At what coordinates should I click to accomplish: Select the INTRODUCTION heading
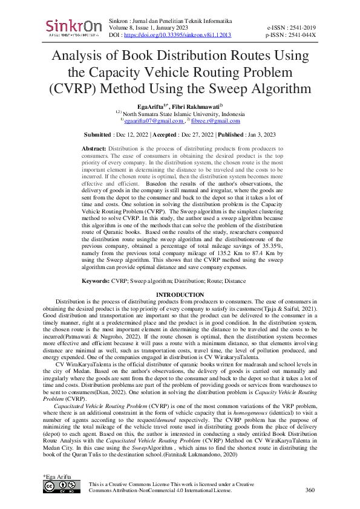coord(180,294)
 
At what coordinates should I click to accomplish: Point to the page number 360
coord(311,490)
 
